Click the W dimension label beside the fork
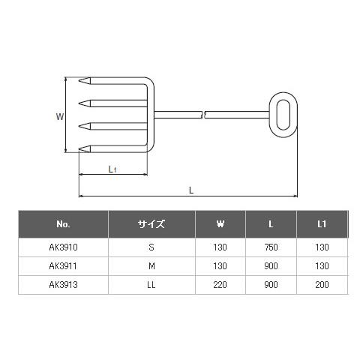60,116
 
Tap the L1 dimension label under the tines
112,169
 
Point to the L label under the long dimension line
191,190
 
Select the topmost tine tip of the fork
79,80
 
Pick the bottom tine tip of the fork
79,149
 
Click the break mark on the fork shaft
203,115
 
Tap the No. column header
63,224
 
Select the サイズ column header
151,224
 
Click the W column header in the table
220,224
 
